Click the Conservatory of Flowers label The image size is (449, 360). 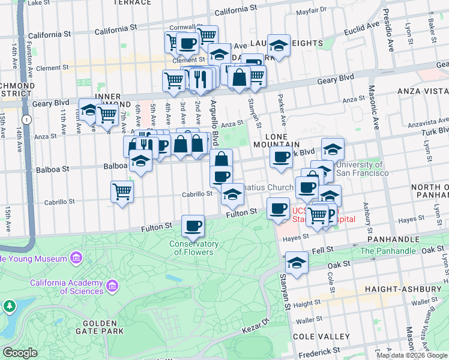click(193, 248)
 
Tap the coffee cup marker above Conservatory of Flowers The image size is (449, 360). click(193, 226)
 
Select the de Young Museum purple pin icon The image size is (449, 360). click(76, 259)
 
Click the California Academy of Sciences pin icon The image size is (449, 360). click(112, 287)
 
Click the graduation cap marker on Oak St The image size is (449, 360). click(296, 263)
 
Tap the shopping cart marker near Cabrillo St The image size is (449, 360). click(122, 192)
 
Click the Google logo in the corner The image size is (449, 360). click(20, 353)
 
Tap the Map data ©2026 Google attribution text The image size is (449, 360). click(412, 355)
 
